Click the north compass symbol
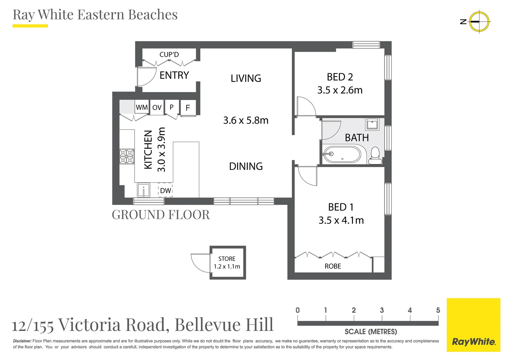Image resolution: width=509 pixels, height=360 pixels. pyautogui.click(x=479, y=21)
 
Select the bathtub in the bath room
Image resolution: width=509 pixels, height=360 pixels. pyautogui.click(x=342, y=154)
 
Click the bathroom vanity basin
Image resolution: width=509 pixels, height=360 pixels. pyautogui.click(x=372, y=124)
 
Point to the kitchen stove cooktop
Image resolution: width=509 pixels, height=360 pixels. pyautogui.click(x=127, y=156)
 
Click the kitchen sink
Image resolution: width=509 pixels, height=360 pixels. pyautogui.click(x=144, y=190)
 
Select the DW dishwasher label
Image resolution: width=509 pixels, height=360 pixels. pyautogui.click(x=165, y=190)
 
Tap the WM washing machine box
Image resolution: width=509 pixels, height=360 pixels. pyautogui.click(x=142, y=107)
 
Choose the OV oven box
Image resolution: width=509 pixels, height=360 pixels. pyautogui.click(x=157, y=107)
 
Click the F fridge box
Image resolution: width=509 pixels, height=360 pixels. pyautogui.click(x=188, y=108)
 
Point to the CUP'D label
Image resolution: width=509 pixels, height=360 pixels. pyautogui.click(x=169, y=54)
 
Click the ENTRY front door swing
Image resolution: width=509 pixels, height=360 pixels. pyautogui.click(x=147, y=77)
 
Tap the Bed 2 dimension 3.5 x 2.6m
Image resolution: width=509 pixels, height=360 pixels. pyautogui.click(x=340, y=90)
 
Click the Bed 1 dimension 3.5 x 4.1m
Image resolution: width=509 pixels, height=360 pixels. pyautogui.click(x=341, y=220)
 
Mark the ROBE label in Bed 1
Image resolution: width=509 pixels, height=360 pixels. pyautogui.click(x=333, y=266)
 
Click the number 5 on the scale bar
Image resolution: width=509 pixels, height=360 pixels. pyautogui.click(x=438, y=310)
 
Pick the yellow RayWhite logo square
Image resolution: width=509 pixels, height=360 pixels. pyautogui.click(x=473, y=325)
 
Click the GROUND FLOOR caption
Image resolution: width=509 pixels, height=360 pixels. pyautogui.click(x=161, y=215)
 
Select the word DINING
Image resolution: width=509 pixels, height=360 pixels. pyautogui.click(x=246, y=166)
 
